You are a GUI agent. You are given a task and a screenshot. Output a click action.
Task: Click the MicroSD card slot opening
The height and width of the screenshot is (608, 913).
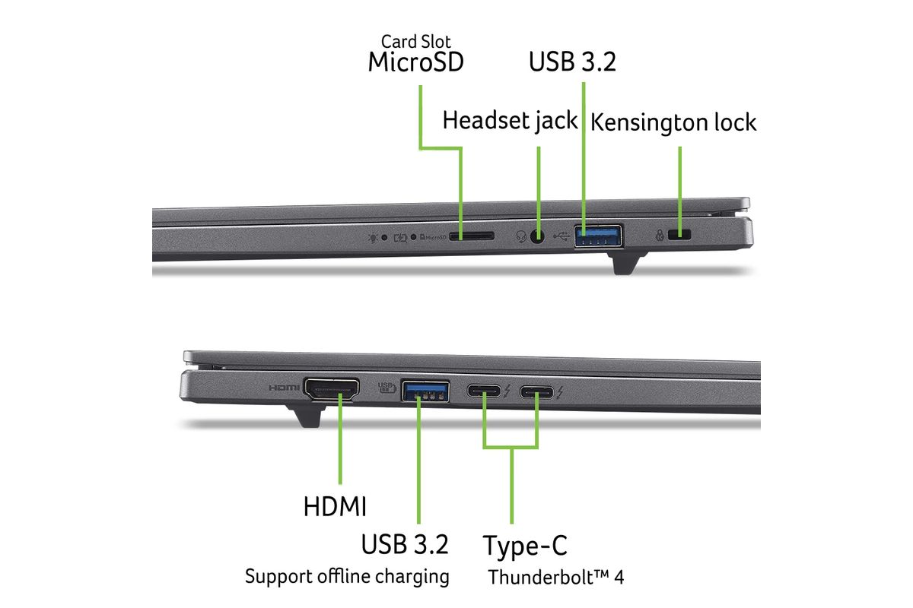(x=472, y=236)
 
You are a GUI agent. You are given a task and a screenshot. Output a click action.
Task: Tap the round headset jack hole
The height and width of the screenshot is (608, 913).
(x=538, y=236)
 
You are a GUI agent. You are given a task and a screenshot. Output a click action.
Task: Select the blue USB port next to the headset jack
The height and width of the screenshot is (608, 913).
(x=598, y=236)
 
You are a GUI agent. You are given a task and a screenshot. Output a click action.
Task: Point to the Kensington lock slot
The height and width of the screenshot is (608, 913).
(x=679, y=235)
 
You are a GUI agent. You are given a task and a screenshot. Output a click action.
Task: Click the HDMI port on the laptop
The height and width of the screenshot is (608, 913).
(x=332, y=388)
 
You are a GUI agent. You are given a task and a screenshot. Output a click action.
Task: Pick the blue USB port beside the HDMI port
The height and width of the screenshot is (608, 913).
(x=425, y=391)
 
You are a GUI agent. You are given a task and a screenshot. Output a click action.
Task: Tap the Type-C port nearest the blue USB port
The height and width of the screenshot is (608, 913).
(x=484, y=391)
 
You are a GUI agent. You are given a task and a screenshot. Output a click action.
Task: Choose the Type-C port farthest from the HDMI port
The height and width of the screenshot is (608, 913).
(x=537, y=392)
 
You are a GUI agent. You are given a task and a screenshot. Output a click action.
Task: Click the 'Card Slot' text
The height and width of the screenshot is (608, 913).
(x=415, y=42)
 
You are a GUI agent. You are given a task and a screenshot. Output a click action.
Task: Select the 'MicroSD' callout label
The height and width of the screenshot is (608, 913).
(x=415, y=62)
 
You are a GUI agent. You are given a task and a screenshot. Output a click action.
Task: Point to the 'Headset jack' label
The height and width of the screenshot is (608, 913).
(x=510, y=121)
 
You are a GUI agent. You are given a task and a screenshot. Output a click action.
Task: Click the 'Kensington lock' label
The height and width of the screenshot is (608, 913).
(x=673, y=122)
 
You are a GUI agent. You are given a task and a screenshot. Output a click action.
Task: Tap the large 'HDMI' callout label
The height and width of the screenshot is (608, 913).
(x=335, y=507)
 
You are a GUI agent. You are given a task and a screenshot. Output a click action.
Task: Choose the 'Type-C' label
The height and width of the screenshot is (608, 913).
(x=525, y=545)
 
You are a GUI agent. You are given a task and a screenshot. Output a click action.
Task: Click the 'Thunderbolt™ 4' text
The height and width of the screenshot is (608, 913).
(x=556, y=577)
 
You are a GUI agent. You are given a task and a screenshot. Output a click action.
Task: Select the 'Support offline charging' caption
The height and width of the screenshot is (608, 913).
(x=347, y=577)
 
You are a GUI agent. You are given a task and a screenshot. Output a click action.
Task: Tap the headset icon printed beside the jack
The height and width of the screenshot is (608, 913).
(x=521, y=236)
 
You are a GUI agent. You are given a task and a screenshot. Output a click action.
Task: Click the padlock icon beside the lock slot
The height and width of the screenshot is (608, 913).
(x=660, y=235)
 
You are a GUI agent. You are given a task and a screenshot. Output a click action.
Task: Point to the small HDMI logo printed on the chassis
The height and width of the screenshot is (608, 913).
(x=284, y=388)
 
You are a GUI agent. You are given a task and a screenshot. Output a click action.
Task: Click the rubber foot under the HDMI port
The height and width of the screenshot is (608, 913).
(x=306, y=416)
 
